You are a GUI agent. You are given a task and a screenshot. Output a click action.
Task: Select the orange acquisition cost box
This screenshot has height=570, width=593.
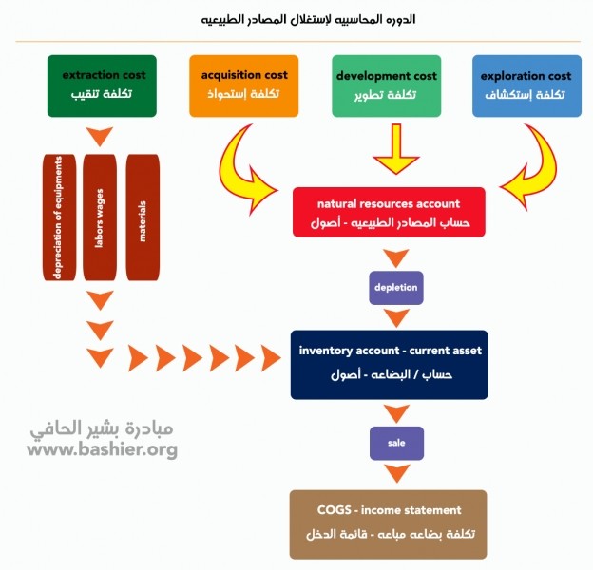pyautogui.click(x=244, y=85)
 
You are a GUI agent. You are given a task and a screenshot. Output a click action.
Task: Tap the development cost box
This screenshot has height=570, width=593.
pyautogui.click(x=387, y=85)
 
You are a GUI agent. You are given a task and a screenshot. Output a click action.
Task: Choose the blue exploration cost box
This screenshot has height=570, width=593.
pyautogui.click(x=526, y=85)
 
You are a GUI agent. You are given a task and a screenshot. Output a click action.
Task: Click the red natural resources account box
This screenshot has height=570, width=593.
pyautogui.click(x=389, y=213)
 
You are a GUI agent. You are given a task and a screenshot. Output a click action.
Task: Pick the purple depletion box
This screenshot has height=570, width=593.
pyautogui.click(x=395, y=287)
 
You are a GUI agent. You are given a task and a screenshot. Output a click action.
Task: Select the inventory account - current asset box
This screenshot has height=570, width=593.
pyautogui.click(x=390, y=364)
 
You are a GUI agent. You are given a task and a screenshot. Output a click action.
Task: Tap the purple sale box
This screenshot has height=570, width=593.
pyautogui.click(x=395, y=443)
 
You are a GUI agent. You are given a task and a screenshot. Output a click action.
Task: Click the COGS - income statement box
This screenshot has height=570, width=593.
pyautogui.click(x=389, y=523)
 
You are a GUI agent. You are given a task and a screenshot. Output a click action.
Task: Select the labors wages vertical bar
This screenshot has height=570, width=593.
pyautogui.click(x=101, y=218)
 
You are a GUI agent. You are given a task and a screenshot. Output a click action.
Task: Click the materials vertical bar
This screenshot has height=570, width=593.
pyautogui.click(x=143, y=218)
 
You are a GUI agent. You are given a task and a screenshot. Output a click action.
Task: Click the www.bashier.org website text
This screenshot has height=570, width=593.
pyautogui.click(x=102, y=449)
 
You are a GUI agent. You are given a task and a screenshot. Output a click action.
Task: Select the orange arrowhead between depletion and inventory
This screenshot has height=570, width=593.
pyautogui.click(x=395, y=317)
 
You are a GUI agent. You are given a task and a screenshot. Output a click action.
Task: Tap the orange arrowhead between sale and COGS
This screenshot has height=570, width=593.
pyautogui.click(x=395, y=472)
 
